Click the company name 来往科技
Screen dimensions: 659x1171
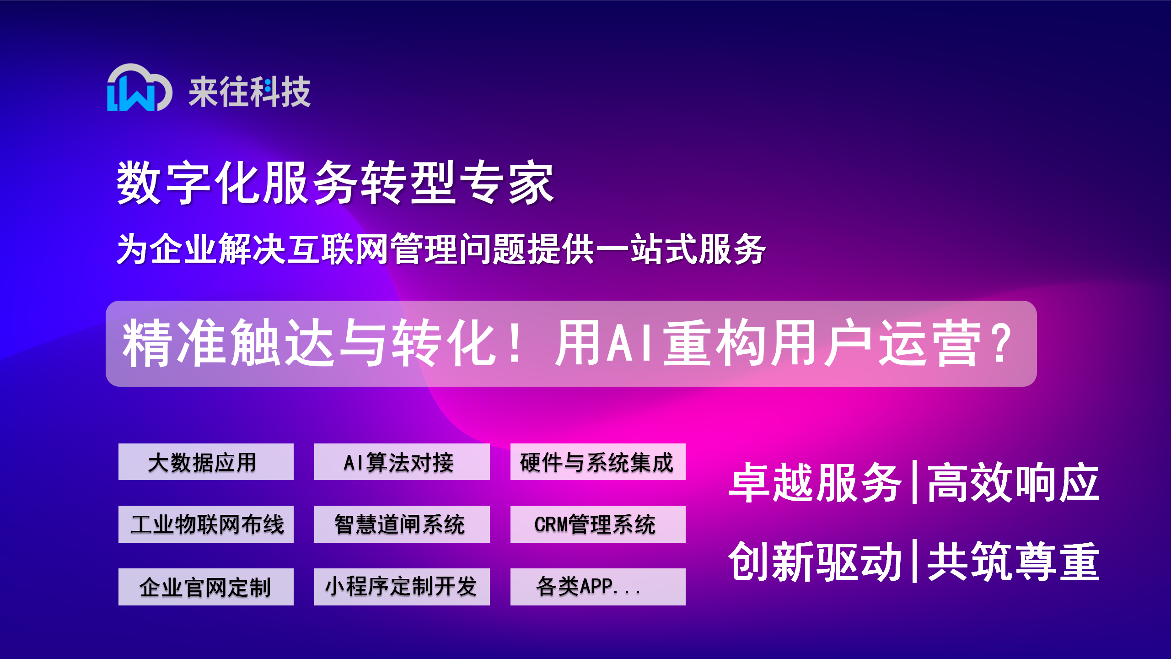coord(250,92)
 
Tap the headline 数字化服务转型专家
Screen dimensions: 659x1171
coord(335,183)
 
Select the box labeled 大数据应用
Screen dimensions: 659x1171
coord(206,462)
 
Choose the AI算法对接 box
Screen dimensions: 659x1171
coord(402,462)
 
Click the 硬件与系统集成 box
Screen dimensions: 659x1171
coord(598,462)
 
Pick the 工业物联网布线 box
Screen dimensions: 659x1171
coord(206,524)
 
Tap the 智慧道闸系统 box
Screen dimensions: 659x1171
coord(402,524)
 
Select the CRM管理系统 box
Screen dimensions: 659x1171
coord(598,524)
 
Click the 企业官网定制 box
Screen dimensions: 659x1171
coord(206,587)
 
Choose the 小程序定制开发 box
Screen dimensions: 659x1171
coord(402,587)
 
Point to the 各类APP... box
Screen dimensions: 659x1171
coord(598,587)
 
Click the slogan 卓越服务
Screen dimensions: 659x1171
coord(814,483)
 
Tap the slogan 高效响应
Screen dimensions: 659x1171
coord(1013,483)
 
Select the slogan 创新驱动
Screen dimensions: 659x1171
coord(814,562)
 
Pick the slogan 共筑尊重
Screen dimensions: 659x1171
coord(1013,562)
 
